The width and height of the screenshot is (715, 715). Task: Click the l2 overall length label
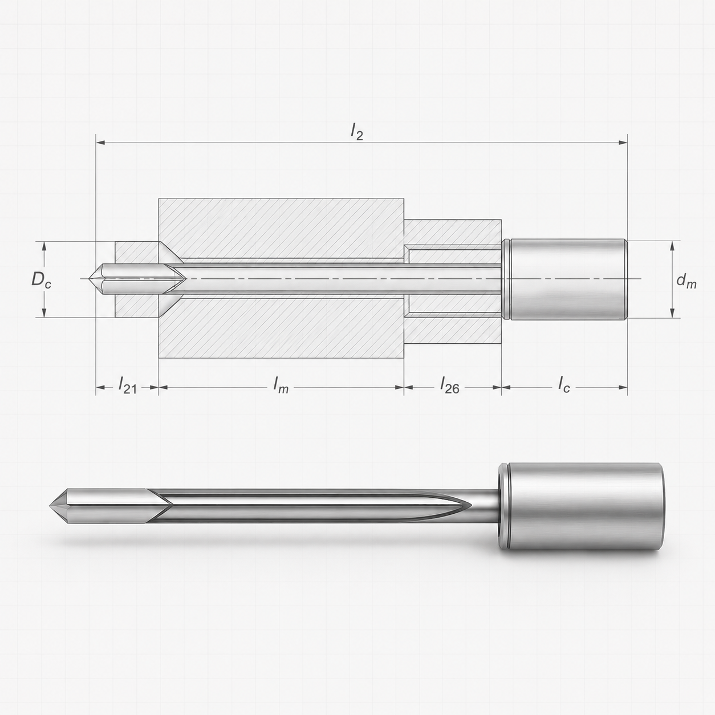356,131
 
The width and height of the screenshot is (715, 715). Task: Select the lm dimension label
281,384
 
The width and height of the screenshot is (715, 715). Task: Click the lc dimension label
564,384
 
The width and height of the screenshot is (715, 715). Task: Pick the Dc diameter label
41,279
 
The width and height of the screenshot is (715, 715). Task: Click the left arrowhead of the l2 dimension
100,142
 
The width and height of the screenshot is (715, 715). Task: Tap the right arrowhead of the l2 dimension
623,142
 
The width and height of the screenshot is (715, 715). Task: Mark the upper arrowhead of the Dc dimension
44,246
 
